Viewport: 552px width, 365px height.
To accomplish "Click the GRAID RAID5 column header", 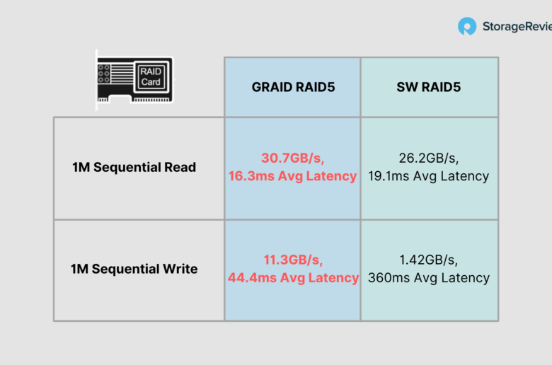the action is (x=293, y=87).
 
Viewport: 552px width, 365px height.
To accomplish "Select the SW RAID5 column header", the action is (x=428, y=87).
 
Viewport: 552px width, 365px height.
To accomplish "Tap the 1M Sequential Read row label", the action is (x=134, y=167).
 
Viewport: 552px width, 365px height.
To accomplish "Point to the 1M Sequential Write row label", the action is (x=134, y=269).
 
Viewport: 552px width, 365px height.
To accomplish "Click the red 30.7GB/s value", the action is (x=292, y=158).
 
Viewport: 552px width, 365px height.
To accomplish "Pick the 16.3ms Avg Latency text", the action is (x=292, y=176).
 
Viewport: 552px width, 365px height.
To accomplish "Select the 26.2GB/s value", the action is (x=428, y=158).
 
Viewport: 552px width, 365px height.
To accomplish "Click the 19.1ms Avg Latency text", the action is (x=428, y=176).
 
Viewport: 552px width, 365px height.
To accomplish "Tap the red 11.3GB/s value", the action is (x=293, y=260).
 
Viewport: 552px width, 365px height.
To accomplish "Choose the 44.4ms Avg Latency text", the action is (x=293, y=278).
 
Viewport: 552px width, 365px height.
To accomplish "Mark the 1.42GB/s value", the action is (x=428, y=260).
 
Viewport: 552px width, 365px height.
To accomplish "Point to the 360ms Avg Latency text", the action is (x=429, y=278).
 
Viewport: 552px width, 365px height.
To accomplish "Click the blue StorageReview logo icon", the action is (x=467, y=26).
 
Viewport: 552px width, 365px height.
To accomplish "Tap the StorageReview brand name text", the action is (x=517, y=26).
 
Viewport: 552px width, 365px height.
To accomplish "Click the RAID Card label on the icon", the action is (x=151, y=76).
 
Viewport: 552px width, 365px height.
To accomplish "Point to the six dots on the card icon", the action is (x=103, y=74).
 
